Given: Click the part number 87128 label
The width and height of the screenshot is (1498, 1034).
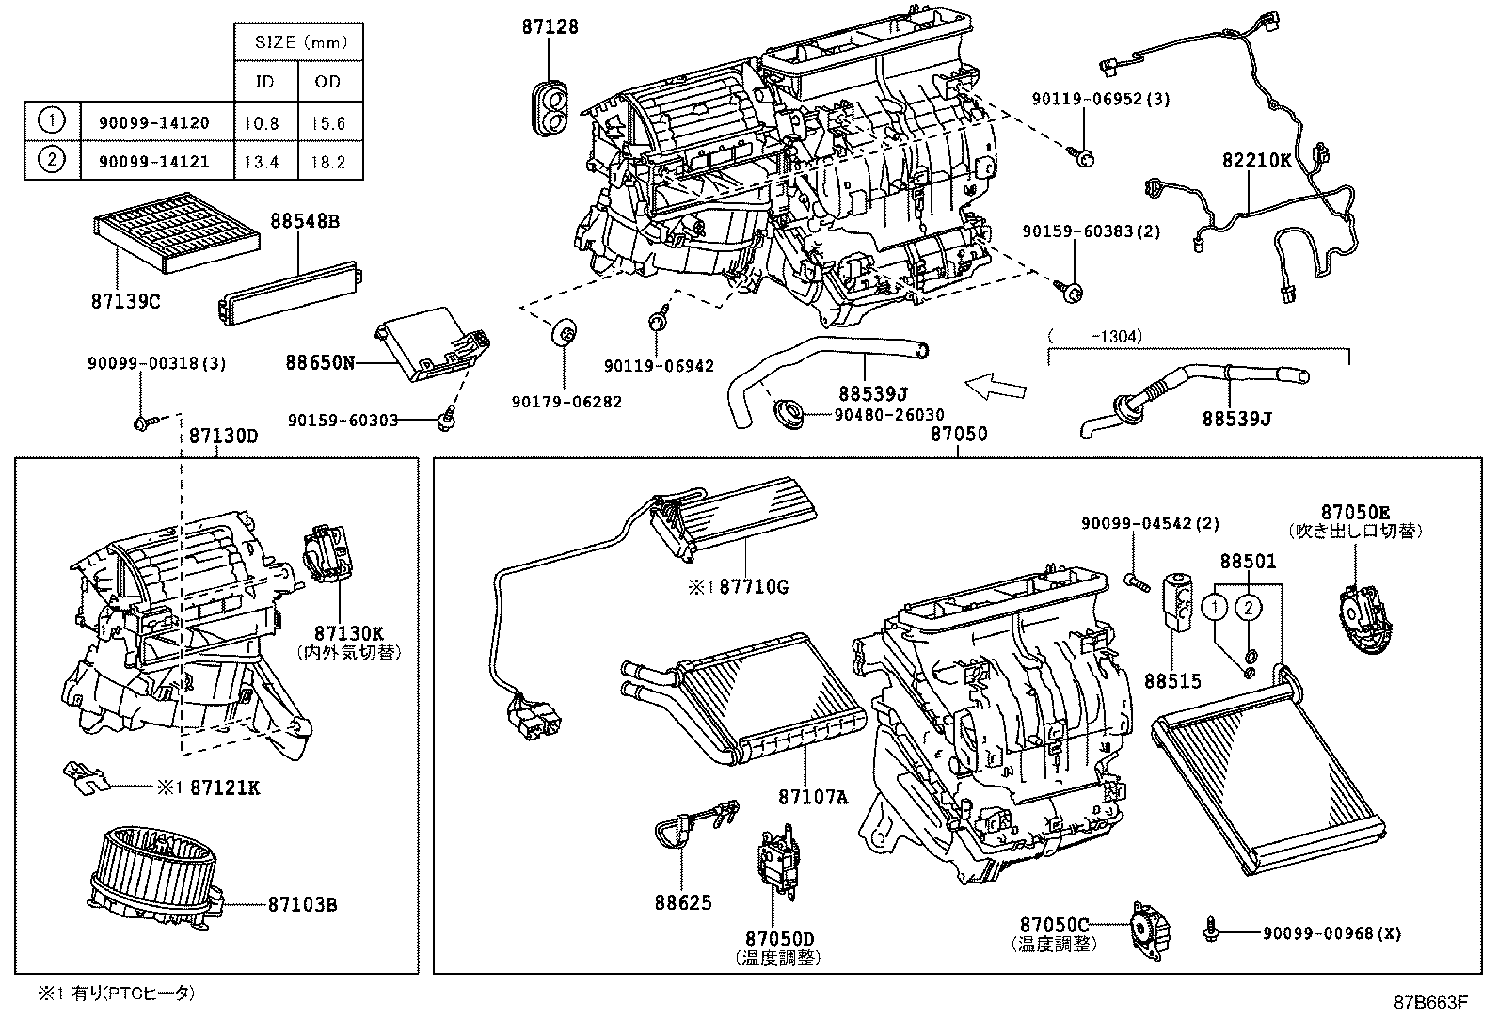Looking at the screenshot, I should point(550,27).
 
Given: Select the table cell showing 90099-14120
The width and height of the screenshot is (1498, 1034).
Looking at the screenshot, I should point(154,122).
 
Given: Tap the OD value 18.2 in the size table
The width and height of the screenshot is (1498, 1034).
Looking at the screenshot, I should point(328,162).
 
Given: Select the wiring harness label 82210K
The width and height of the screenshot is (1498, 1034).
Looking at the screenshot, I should point(1256,161).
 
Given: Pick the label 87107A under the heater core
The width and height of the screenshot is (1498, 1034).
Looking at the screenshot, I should point(813,797).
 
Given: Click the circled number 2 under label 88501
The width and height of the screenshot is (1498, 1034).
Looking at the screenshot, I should point(1249,608).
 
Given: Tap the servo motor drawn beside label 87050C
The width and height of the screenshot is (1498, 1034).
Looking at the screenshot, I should point(1148,930).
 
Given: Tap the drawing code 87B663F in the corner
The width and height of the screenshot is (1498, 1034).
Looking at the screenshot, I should point(1430,1001).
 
